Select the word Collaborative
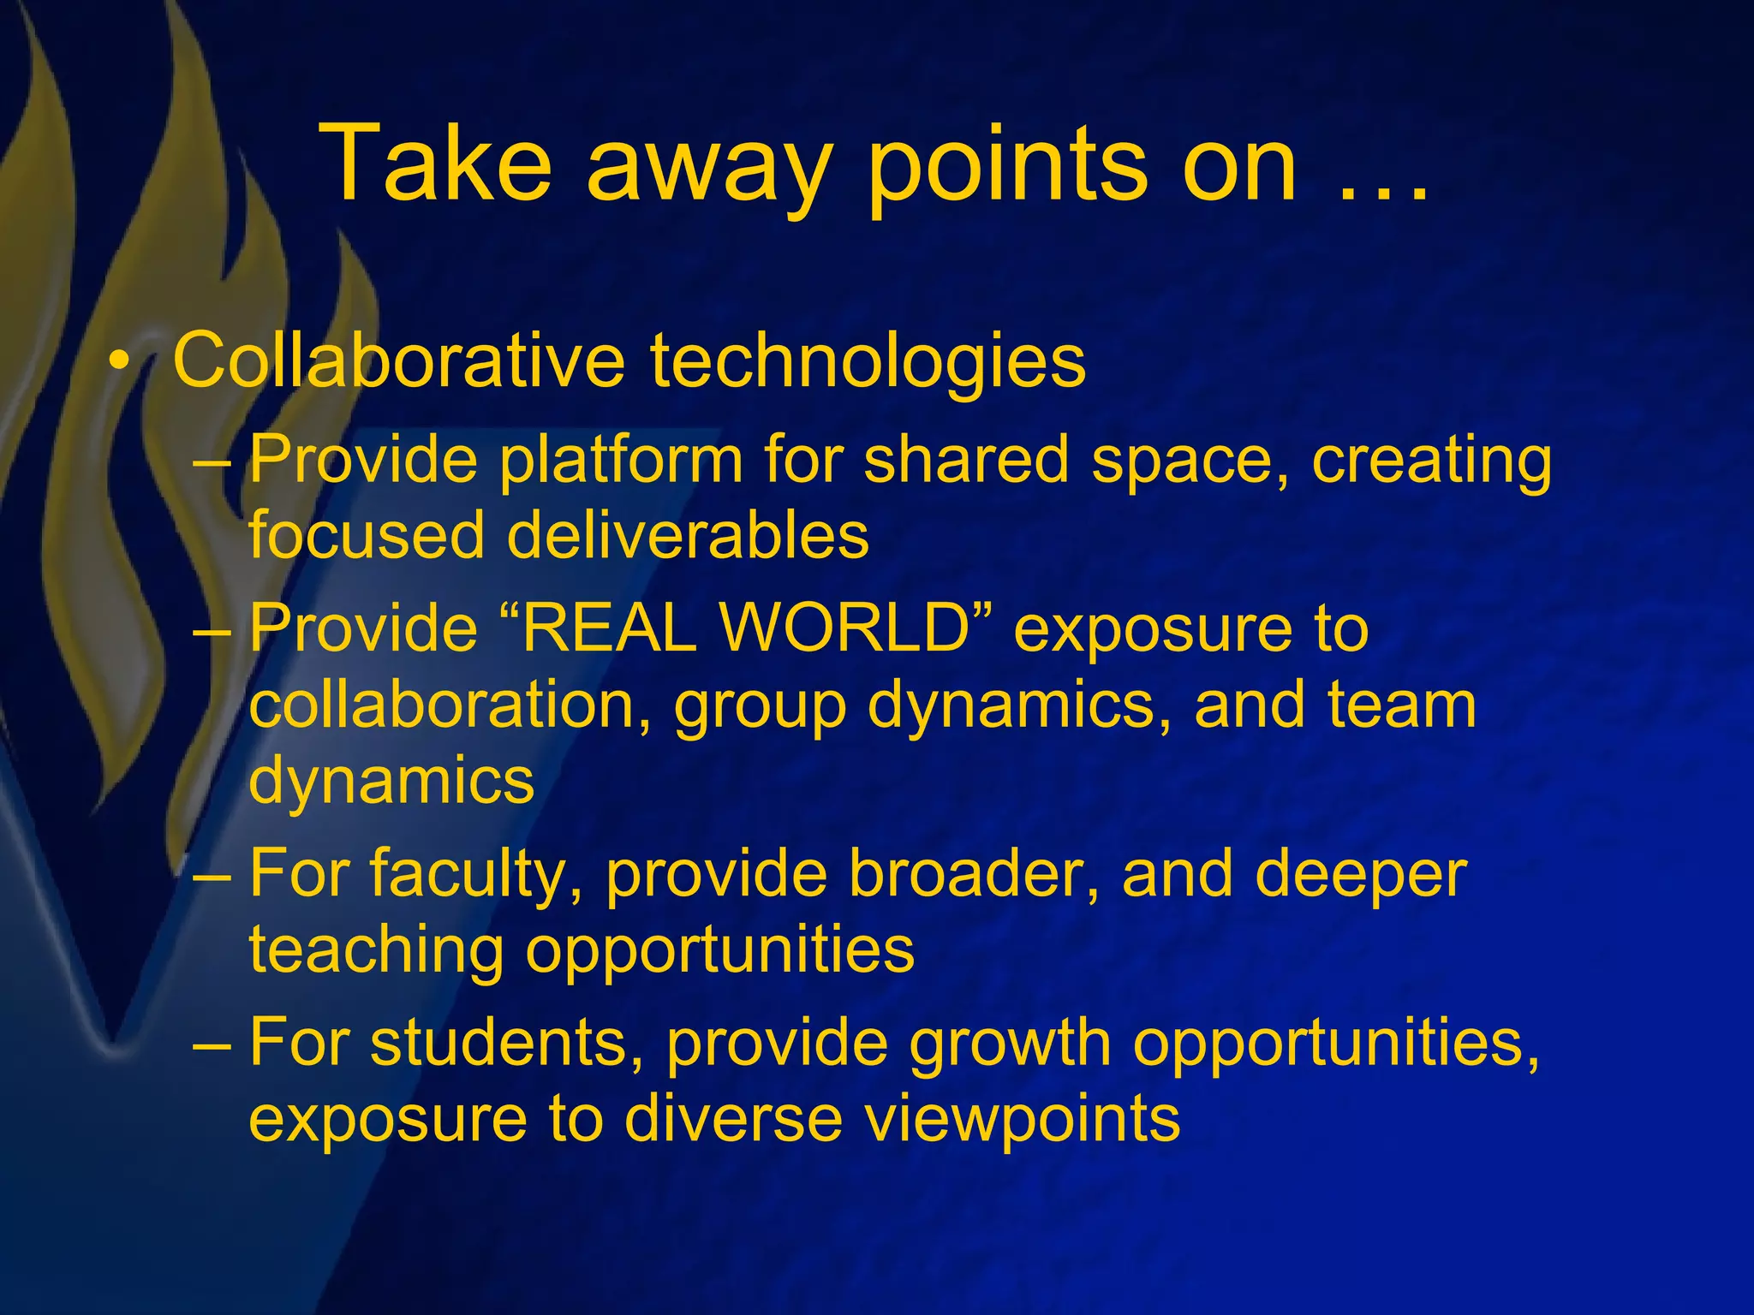(x=399, y=360)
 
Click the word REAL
(x=609, y=628)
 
